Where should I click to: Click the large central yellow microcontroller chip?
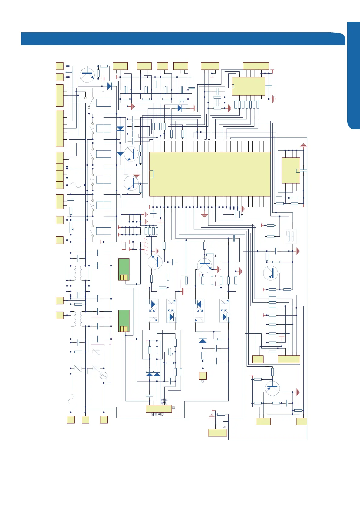[210, 174]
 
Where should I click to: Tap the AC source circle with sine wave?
[103, 376]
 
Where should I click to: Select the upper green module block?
[124, 269]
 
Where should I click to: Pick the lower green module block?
[124, 321]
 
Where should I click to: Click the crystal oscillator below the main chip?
[237, 214]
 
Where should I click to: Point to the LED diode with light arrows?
[180, 108]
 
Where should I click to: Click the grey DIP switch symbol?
[291, 236]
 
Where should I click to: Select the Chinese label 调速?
[162, 402]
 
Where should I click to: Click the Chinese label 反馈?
[166, 402]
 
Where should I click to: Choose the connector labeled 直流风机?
[159, 409]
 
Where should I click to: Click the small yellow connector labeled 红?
[203, 376]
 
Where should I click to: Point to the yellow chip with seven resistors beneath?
[248, 86]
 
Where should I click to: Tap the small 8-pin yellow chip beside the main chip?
[291, 170]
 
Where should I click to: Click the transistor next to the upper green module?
[155, 262]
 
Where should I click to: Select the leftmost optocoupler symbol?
[153, 310]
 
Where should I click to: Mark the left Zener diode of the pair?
[149, 374]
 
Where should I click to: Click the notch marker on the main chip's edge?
[152, 174]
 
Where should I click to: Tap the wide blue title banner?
[182, 39]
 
